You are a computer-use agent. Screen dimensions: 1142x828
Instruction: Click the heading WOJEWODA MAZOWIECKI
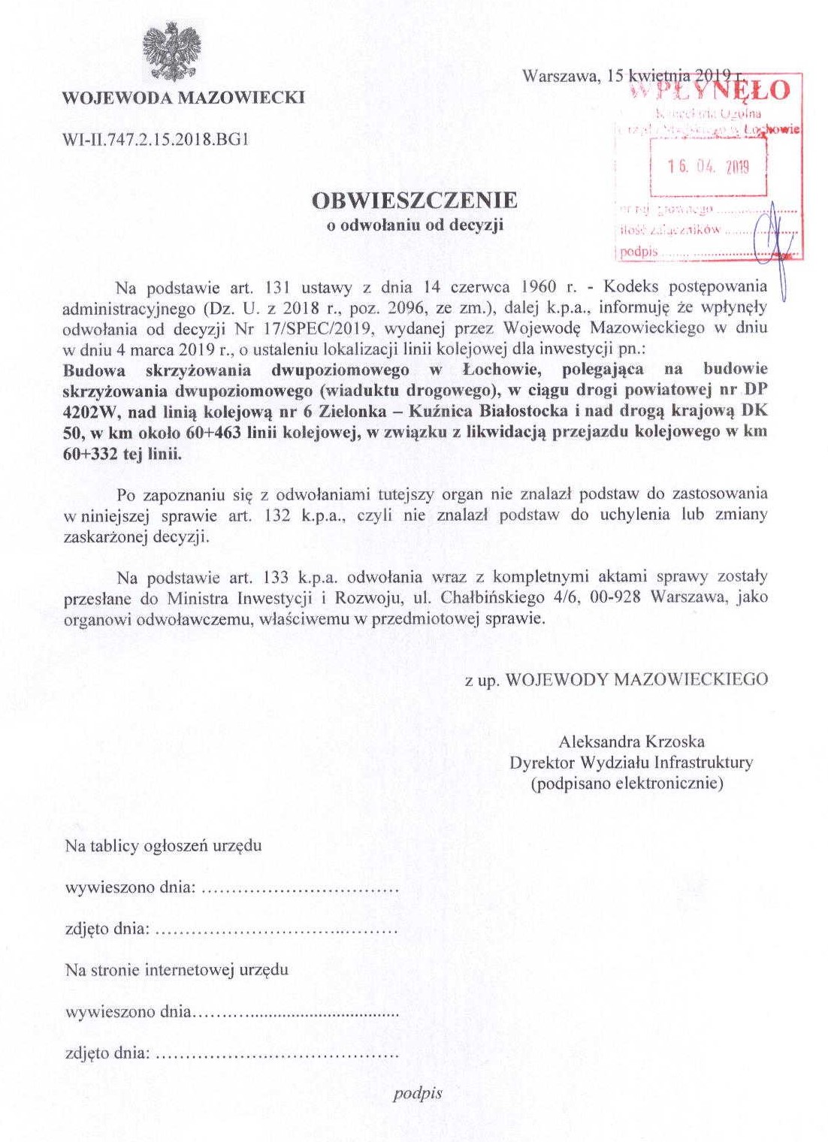click(183, 98)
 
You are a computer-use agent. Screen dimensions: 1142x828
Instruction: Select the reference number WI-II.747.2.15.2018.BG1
click(156, 139)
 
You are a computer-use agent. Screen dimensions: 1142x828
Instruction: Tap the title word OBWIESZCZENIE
click(415, 201)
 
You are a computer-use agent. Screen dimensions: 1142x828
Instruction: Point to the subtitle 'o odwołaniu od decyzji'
click(415, 225)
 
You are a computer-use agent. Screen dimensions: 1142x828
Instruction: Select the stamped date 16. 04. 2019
click(708, 167)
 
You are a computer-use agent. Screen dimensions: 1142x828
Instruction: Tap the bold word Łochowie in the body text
click(497, 370)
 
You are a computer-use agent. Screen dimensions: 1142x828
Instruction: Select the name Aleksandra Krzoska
click(632, 742)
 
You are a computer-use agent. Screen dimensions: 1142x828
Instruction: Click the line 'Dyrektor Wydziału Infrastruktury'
click(631, 763)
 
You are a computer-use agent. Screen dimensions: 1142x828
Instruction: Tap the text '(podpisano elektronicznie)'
click(627, 784)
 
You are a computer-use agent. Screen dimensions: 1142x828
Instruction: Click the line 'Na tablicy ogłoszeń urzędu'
click(164, 846)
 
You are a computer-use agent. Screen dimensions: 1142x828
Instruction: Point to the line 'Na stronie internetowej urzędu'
click(177, 970)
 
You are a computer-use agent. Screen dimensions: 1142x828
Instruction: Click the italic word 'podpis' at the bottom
click(418, 1093)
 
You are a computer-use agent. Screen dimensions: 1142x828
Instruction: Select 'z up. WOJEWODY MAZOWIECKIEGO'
click(616, 680)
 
